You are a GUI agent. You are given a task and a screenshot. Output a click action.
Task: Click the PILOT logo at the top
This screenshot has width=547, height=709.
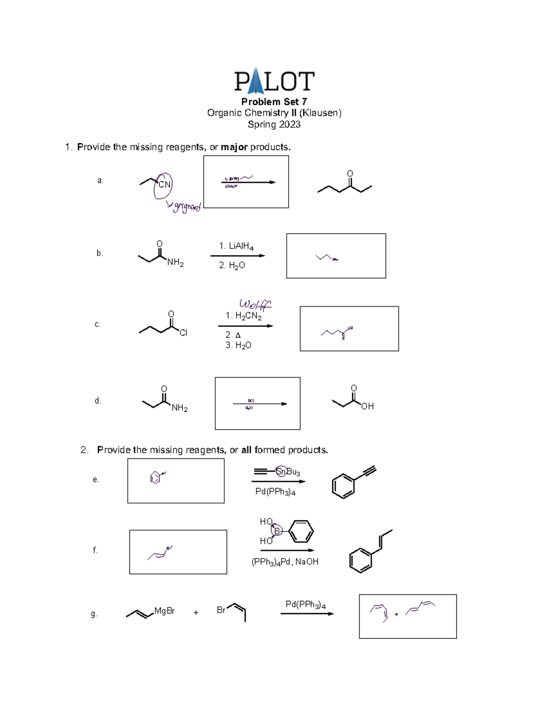(274, 81)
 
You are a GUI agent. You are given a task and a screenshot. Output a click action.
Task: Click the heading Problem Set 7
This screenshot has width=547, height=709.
(274, 101)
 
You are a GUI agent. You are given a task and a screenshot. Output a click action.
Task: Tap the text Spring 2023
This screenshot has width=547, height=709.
(274, 124)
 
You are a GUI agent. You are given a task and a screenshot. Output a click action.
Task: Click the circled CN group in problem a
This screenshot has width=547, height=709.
(163, 184)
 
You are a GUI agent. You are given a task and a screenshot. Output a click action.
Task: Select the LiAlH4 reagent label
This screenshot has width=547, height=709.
(236, 246)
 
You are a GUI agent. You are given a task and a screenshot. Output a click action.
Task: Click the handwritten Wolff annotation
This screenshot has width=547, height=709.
(255, 304)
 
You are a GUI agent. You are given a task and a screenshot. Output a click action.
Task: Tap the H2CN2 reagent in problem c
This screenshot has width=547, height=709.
(243, 316)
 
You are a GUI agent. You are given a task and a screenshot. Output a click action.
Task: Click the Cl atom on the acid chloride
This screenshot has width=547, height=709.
(183, 333)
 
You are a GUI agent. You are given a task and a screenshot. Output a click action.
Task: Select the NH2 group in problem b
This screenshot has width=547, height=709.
(175, 263)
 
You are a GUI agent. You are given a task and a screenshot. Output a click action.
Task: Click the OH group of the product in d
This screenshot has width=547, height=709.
(367, 406)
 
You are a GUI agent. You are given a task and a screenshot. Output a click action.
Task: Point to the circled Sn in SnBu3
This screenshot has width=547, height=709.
(281, 472)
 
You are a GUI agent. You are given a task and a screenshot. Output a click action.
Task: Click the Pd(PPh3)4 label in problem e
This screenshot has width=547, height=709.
(275, 492)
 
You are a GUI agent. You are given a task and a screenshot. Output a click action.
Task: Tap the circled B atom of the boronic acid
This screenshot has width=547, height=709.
(276, 531)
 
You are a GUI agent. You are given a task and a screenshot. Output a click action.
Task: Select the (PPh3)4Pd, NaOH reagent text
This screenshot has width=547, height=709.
(285, 562)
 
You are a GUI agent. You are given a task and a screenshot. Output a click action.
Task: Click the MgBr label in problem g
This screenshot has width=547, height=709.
(165, 611)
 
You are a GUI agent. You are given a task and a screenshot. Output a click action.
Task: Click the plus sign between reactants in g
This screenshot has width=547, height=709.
(196, 613)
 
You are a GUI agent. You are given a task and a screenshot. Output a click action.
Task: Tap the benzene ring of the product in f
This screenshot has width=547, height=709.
(361, 560)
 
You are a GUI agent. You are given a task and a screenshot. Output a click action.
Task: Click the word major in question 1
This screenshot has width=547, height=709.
(234, 147)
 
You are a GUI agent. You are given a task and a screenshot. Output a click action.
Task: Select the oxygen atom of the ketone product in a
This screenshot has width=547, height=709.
(350, 173)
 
